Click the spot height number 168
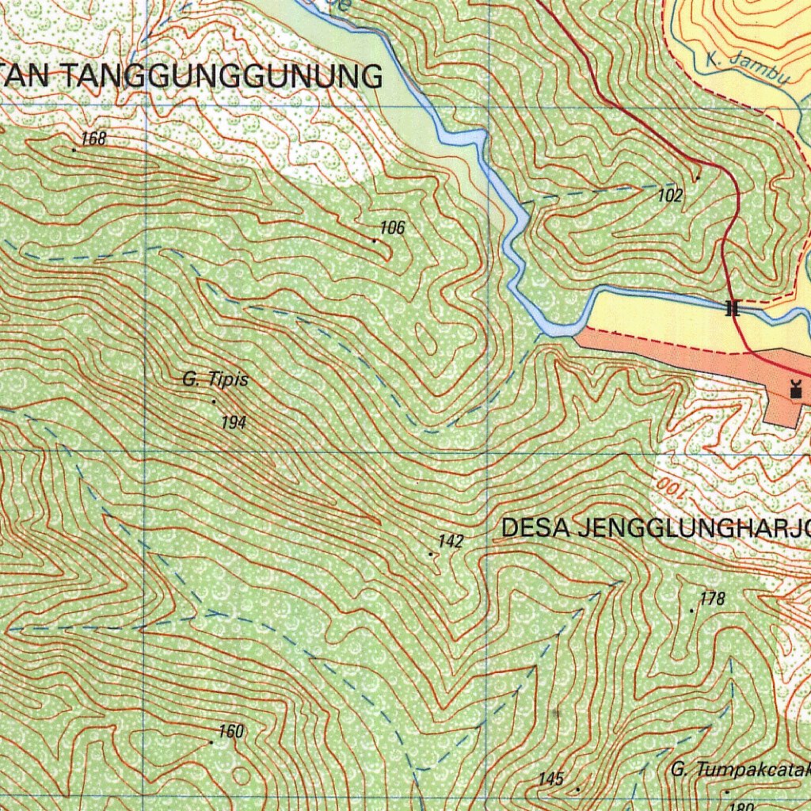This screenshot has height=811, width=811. coord(93,139)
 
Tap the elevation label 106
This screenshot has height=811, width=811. coord(392,228)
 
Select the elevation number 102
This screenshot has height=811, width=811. coord(670,196)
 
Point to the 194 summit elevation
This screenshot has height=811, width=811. coord(234,423)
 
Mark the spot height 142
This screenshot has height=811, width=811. coord(450,542)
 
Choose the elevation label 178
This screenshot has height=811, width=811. coord(713,599)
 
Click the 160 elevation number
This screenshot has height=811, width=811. coord(230,732)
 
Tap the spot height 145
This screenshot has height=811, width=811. coord(550,779)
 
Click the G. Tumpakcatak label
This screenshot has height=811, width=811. coord(741,769)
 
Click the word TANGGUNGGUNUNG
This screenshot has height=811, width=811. coord(222,77)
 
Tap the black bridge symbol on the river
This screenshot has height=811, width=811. coord(733,308)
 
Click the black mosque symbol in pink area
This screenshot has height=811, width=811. coord(796,389)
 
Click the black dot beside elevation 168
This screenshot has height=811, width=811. coord(74,149)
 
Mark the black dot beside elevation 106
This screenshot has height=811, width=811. coord(375,240)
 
